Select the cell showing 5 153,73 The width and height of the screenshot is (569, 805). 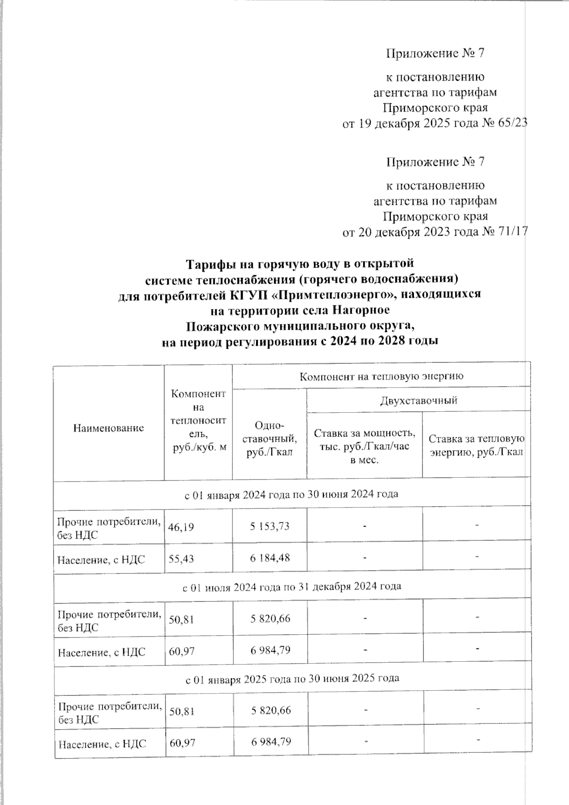[270, 526]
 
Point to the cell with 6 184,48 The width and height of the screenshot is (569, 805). [270, 558]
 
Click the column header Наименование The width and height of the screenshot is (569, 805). [109, 428]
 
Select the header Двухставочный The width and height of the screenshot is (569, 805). [418, 400]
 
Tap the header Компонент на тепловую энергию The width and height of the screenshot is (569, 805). [381, 376]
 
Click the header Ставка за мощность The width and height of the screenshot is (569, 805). [365, 433]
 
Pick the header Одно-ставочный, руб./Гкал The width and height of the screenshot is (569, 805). [269, 439]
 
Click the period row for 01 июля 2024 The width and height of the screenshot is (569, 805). [292, 586]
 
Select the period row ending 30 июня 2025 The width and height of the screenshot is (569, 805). [292, 678]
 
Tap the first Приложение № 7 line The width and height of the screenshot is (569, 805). [435, 53]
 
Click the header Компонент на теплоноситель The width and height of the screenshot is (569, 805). [198, 421]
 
